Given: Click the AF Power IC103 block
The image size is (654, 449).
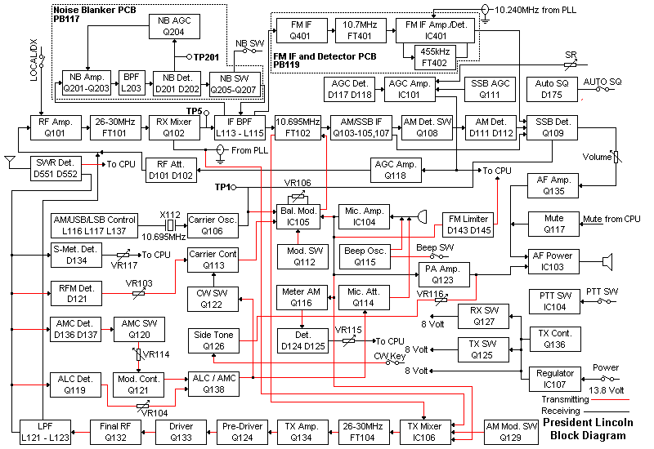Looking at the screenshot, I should (x=555, y=261).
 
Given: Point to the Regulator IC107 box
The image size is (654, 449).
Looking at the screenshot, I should (x=555, y=379).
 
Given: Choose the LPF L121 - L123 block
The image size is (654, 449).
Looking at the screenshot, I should (x=43, y=432).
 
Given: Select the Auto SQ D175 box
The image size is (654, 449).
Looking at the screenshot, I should (x=555, y=89).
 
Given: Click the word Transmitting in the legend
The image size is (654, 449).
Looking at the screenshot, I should (x=564, y=400).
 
